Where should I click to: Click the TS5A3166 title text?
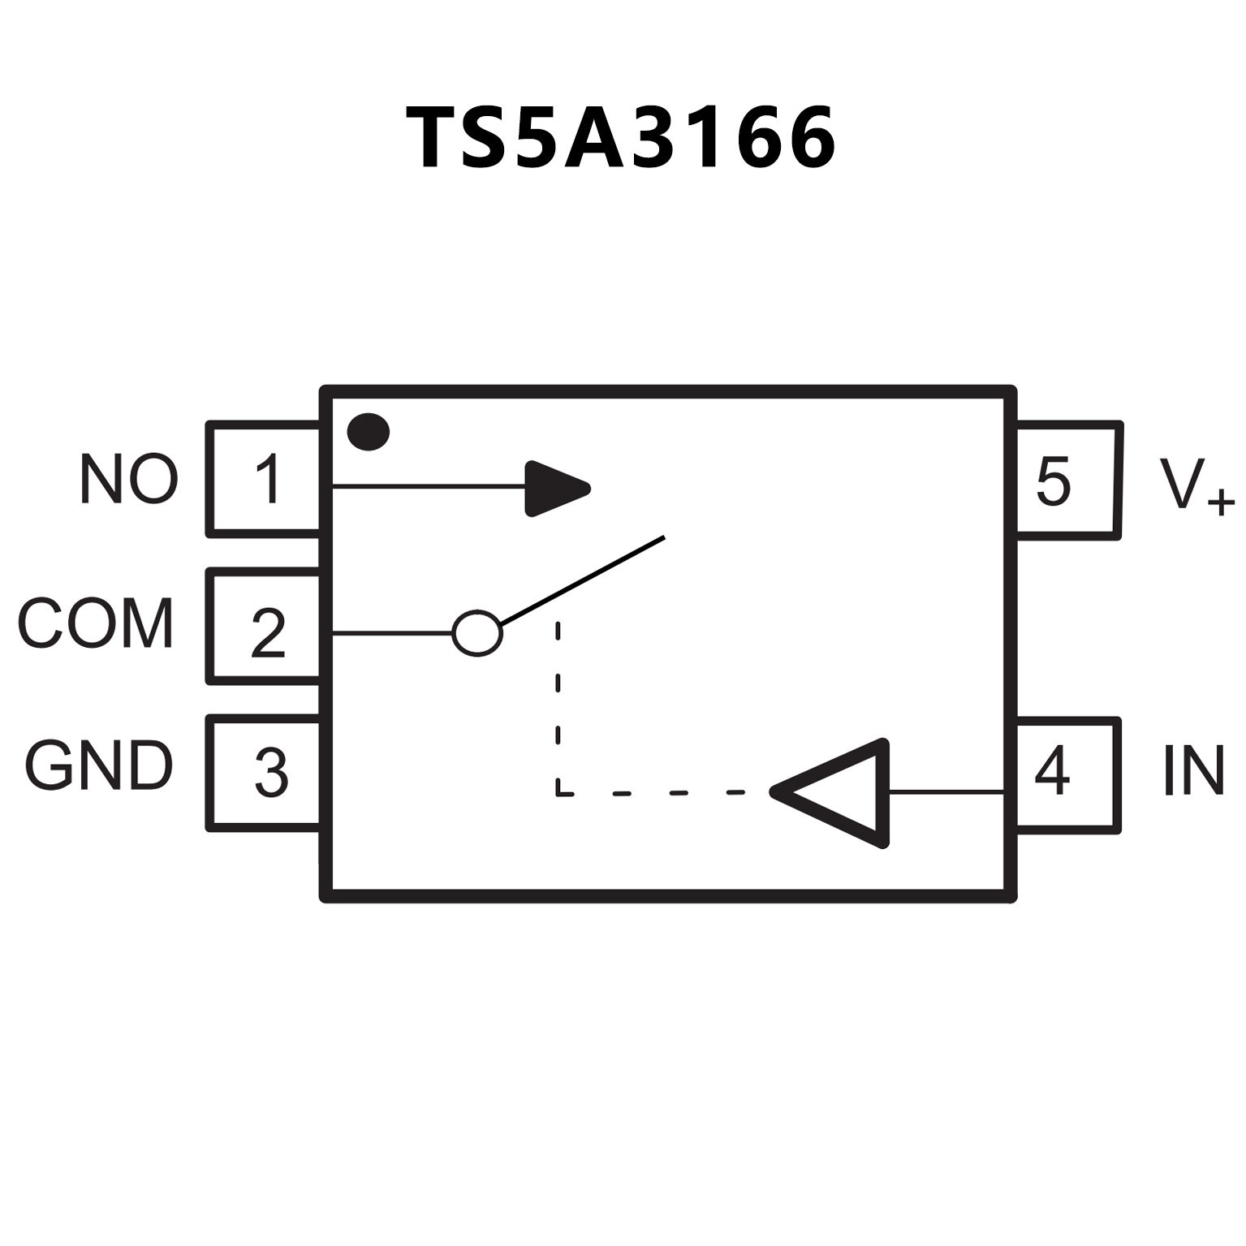(621, 138)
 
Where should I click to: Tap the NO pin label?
(128, 479)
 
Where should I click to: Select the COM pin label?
(95, 623)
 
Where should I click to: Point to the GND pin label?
(98, 765)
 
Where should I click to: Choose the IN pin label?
(1193, 770)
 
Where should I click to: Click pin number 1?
(268, 479)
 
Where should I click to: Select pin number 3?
(270, 772)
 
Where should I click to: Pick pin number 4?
(1052, 770)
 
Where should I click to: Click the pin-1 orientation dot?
(369, 432)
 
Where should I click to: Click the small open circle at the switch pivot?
(477, 632)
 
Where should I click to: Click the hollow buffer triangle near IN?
(844, 792)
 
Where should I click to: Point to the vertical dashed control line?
(558, 706)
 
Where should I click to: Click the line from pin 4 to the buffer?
(946, 791)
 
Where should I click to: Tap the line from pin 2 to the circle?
(392, 632)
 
